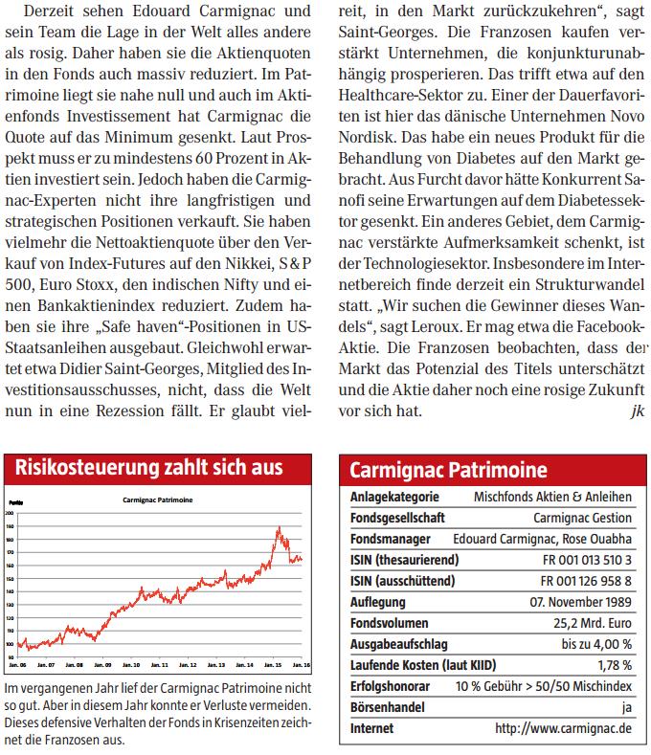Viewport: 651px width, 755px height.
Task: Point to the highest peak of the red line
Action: pyautogui.click(x=278, y=527)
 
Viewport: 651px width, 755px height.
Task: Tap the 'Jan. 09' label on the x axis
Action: pyautogui.click(x=102, y=664)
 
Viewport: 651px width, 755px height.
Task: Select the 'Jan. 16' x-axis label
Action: pyautogui.click(x=299, y=664)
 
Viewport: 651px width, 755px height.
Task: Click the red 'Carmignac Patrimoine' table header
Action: pyautogui.click(x=448, y=470)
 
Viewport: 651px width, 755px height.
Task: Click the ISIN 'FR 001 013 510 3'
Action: pyautogui.click(x=587, y=560)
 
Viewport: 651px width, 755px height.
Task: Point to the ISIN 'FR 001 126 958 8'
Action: pyautogui.click(x=587, y=581)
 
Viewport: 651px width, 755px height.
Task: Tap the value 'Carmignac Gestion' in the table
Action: pyautogui.click(x=584, y=518)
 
